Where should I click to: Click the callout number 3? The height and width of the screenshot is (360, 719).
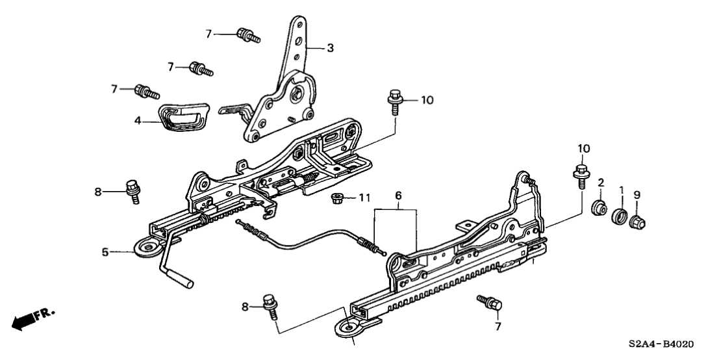[330, 48]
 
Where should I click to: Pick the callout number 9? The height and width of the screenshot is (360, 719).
[637, 194]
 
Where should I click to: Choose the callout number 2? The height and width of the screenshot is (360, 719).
[601, 182]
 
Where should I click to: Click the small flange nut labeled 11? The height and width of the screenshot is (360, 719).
[338, 197]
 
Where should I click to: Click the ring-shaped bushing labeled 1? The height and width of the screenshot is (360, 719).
[621, 216]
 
